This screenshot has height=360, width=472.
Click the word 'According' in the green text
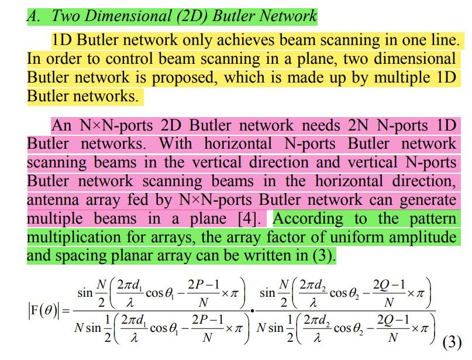[x=308, y=219]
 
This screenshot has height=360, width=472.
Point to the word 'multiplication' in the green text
[x=72, y=238]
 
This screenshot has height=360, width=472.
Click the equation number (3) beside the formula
[x=452, y=341]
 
